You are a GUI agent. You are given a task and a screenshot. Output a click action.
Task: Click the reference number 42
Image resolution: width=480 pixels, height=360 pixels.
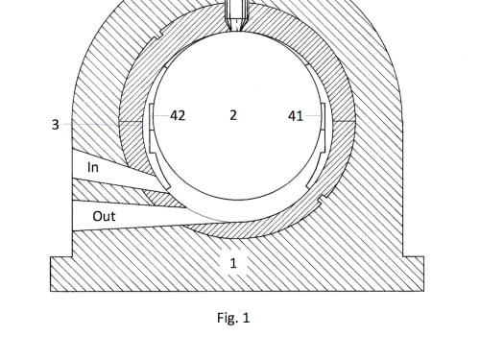pos(178,115)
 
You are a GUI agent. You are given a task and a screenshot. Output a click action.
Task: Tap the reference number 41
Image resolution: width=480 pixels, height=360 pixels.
pos(296,116)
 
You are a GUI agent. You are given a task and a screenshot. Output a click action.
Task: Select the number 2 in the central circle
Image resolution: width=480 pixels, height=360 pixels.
pos(233,115)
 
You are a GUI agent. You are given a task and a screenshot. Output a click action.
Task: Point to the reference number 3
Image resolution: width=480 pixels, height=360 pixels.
pos(56,124)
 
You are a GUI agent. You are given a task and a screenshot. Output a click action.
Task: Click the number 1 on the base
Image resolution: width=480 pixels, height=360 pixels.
pos(233,263)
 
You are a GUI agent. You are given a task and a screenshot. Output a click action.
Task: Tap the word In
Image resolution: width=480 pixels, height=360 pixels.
pos(93,167)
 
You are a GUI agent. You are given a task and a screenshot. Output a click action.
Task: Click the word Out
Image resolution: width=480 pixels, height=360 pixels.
pos(104,216)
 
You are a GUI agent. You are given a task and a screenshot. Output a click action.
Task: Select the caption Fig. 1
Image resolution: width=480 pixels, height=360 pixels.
pos(233,318)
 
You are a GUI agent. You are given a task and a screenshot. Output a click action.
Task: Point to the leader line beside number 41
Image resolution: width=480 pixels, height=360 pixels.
pos(313,115)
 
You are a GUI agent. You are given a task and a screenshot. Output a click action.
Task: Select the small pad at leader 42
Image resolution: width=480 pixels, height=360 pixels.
pos(152,128)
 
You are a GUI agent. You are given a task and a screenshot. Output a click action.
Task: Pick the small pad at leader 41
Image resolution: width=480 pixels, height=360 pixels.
pos(323,128)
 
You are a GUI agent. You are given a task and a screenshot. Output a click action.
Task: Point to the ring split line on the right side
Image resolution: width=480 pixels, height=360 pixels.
pos(345,121)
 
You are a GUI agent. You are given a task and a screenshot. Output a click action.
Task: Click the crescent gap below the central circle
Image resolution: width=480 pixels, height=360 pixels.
pos(238,209)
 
